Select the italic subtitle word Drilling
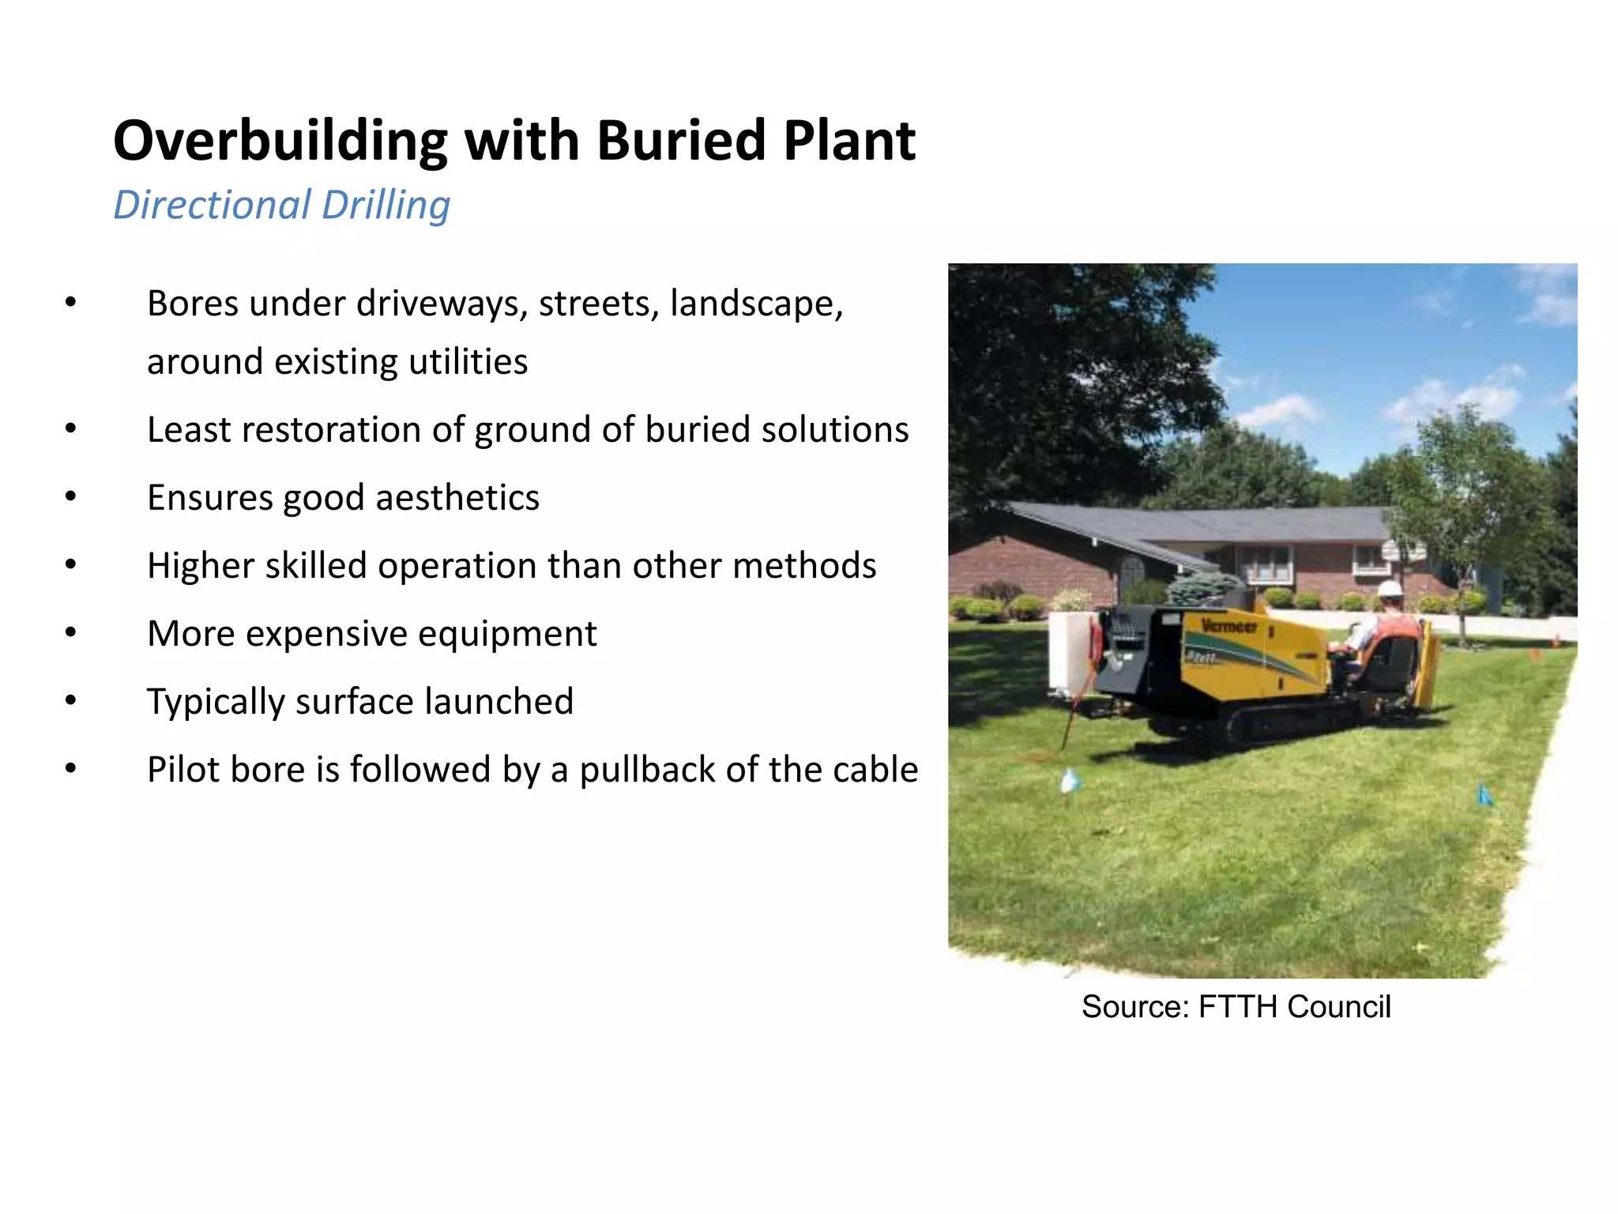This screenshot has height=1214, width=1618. point(386,205)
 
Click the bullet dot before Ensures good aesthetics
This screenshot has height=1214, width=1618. point(71,497)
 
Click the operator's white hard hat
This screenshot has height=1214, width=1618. point(1389,589)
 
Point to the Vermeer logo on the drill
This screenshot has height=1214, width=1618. point(1229,627)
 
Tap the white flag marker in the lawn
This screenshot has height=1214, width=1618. point(1069,781)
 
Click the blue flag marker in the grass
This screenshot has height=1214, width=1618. point(1484,794)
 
